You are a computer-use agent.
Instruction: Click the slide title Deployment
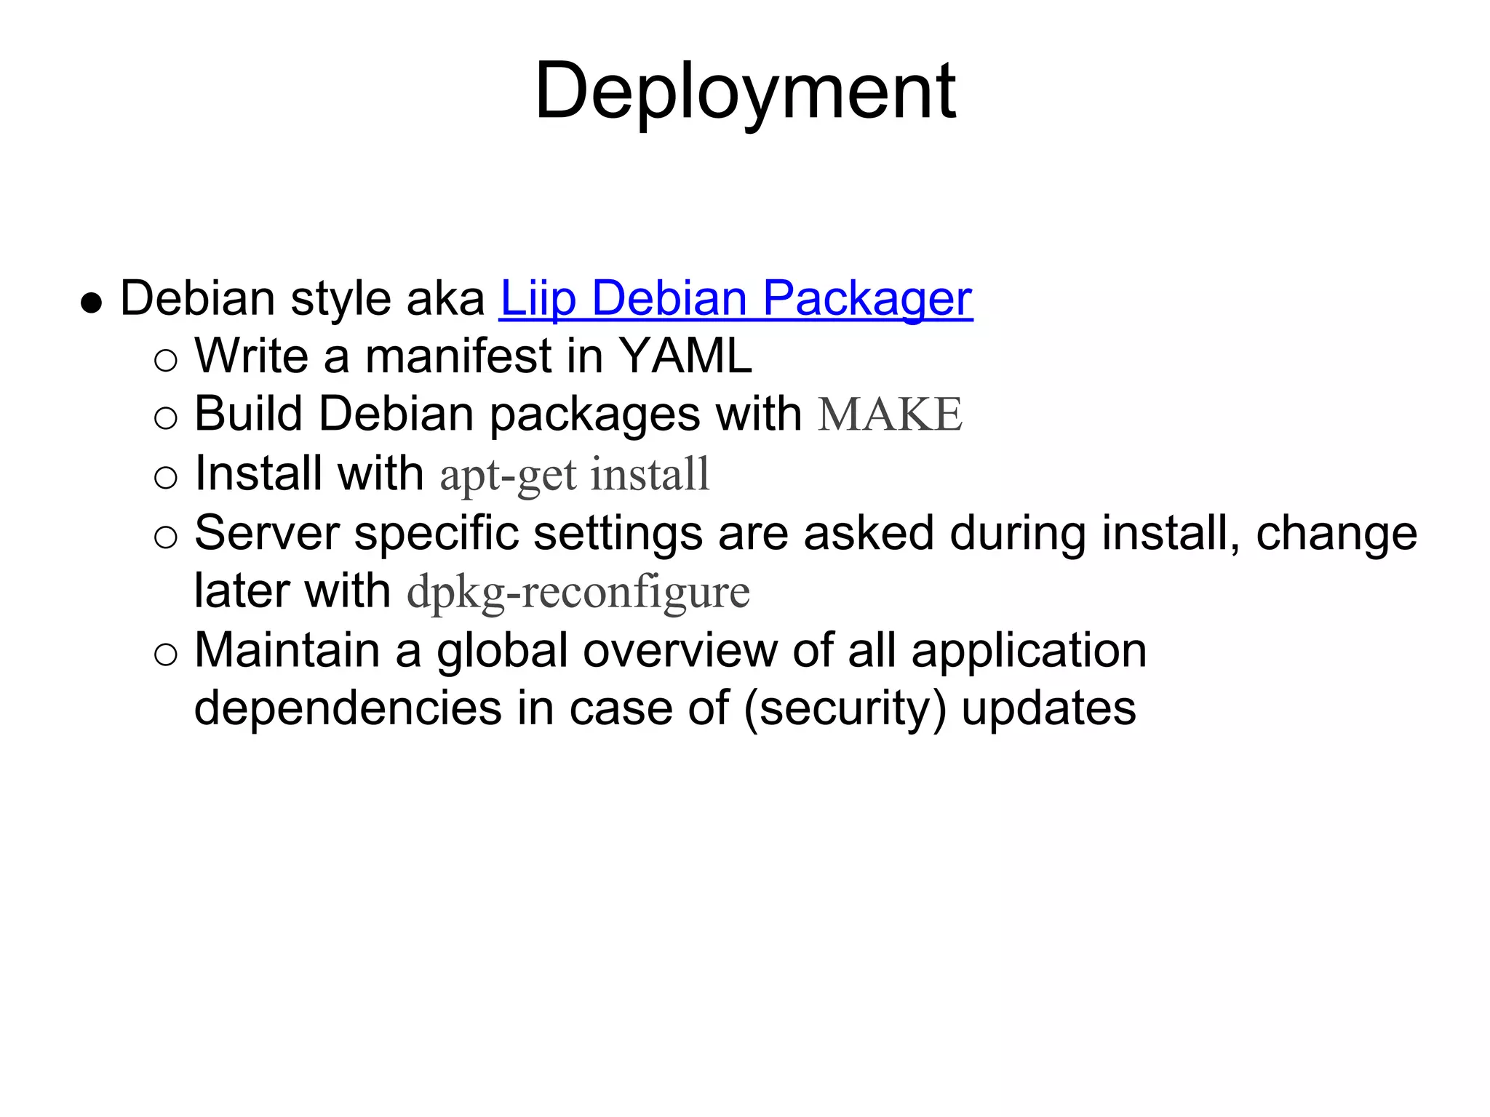click(745, 92)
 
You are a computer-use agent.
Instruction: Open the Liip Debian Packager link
click(736, 299)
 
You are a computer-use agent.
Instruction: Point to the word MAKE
click(890, 415)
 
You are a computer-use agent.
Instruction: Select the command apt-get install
click(575, 474)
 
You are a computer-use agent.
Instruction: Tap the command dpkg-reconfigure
click(578, 591)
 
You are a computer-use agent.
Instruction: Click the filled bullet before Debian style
click(91, 302)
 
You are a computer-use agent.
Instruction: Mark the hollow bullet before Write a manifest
click(166, 360)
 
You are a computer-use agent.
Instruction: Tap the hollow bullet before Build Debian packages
click(166, 418)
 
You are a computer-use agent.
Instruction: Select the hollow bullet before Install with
click(166, 478)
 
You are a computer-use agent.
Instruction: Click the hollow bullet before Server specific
click(166, 537)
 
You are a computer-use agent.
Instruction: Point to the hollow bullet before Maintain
click(166, 654)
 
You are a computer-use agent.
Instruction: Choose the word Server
click(267, 533)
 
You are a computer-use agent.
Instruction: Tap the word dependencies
click(348, 708)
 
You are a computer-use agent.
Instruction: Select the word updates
click(1048, 710)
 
